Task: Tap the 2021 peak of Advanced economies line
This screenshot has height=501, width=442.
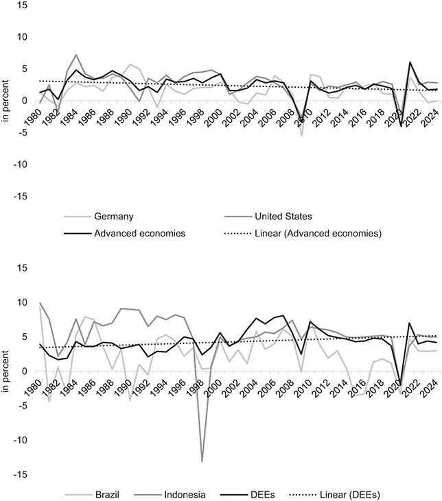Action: point(410,62)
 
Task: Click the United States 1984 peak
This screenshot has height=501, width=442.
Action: point(76,55)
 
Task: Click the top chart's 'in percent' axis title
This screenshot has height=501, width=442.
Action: point(5,101)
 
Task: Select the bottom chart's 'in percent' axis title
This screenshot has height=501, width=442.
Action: point(5,371)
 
